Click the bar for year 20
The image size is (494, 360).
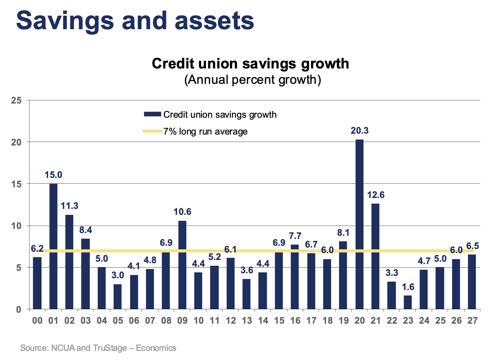pyautogui.click(x=359, y=224)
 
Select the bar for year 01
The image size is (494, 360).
pyautogui.click(x=53, y=246)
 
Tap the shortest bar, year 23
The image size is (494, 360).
pyautogui.click(x=408, y=302)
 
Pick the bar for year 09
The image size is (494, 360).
pyautogui.click(x=182, y=265)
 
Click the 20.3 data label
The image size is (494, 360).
pyautogui.click(x=359, y=131)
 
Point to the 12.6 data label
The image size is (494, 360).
pyautogui.click(x=376, y=195)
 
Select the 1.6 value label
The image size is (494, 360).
pyautogui.click(x=408, y=287)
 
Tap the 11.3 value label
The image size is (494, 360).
pyautogui.click(x=70, y=206)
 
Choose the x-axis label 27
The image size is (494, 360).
pyautogui.click(x=472, y=320)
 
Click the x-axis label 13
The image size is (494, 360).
pyautogui.click(x=247, y=320)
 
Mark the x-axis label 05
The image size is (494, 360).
pyautogui.click(x=118, y=320)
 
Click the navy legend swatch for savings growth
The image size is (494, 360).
pyautogui.click(x=152, y=114)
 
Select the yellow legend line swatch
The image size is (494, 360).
pyautogui.click(x=152, y=131)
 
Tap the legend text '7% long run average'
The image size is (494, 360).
pyautogui.click(x=205, y=131)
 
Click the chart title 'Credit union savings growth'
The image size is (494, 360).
pyautogui.click(x=250, y=63)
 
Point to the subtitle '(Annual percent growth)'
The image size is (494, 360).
pyautogui.click(x=252, y=80)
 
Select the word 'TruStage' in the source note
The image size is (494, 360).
pyautogui.click(x=110, y=348)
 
